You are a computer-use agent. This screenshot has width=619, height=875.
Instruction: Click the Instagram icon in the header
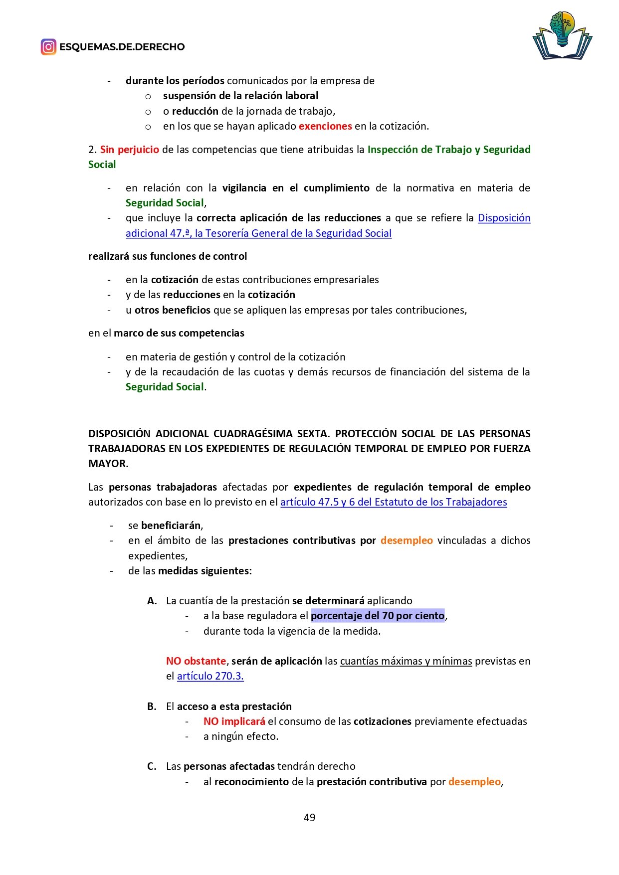[x=48, y=47]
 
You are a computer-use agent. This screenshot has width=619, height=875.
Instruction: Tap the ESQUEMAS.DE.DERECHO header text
[x=122, y=47]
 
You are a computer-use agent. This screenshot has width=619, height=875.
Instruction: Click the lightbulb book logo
[x=562, y=36]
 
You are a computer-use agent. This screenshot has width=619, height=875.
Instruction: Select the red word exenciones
[x=325, y=126]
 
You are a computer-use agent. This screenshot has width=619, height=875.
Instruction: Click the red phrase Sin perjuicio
[x=130, y=150]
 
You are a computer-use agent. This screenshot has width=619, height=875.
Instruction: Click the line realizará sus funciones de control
[x=168, y=256]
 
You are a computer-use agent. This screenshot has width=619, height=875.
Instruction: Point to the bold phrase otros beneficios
[x=173, y=310]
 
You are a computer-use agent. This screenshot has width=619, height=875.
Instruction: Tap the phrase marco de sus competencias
[x=179, y=333]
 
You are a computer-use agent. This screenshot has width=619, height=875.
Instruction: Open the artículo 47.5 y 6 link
[x=394, y=502]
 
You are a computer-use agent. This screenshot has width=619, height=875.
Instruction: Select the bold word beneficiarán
[x=171, y=525]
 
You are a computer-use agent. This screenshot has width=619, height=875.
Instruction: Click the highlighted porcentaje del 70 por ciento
[x=378, y=616]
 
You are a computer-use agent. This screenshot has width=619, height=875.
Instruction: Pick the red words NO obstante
[x=196, y=661]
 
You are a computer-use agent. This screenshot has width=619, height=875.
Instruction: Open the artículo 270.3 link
[x=210, y=676]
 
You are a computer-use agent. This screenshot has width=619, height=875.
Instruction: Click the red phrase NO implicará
[x=234, y=721]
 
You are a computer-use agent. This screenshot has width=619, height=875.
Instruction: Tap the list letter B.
[x=152, y=706]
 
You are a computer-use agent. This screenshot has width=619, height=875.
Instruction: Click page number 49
[x=309, y=817]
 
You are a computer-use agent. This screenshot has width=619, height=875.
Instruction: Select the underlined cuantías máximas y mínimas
[x=406, y=661]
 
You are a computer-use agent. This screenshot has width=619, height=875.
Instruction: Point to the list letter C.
[x=152, y=766]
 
